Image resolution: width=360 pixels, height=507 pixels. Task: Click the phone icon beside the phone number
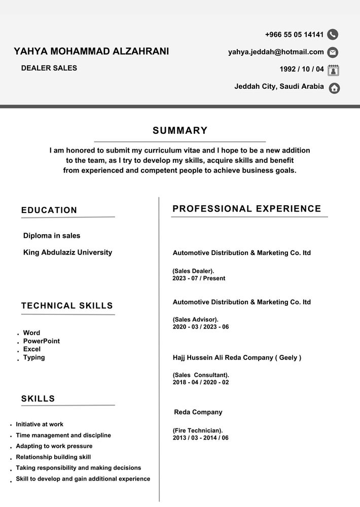pyautogui.click(x=333, y=34)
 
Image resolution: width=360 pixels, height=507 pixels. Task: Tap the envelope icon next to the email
pyautogui.click(x=333, y=52)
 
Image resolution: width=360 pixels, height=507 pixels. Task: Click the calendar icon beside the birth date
pyautogui.click(x=333, y=70)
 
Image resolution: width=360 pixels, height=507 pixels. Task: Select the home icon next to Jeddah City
pyautogui.click(x=334, y=88)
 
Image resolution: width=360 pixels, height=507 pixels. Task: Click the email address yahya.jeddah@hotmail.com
pyautogui.click(x=276, y=52)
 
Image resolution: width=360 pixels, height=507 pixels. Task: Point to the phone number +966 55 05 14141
pyautogui.click(x=294, y=34)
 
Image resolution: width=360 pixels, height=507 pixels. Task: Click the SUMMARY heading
pyautogui.click(x=180, y=131)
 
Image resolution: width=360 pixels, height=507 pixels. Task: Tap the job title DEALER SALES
pyautogui.click(x=49, y=68)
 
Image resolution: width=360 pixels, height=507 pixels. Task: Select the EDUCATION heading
pyautogui.click(x=49, y=210)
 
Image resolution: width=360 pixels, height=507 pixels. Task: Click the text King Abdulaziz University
pyautogui.click(x=67, y=252)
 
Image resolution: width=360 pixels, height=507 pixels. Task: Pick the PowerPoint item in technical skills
pyautogui.click(x=42, y=341)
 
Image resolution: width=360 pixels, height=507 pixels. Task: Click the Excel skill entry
pyautogui.click(x=32, y=349)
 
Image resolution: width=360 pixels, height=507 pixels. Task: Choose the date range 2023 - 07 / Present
pyautogui.click(x=199, y=278)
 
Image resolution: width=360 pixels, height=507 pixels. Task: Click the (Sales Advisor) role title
pyautogui.click(x=195, y=319)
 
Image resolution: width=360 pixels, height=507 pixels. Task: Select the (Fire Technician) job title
pyautogui.click(x=198, y=430)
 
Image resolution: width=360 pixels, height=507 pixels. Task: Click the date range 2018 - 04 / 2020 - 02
pyautogui.click(x=201, y=382)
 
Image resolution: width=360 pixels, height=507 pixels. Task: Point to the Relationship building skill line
pyautogui.click(x=53, y=457)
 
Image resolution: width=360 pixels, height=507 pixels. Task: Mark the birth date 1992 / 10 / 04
pyautogui.click(x=302, y=69)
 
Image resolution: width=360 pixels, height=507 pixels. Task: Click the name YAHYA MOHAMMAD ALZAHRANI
pyautogui.click(x=91, y=51)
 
